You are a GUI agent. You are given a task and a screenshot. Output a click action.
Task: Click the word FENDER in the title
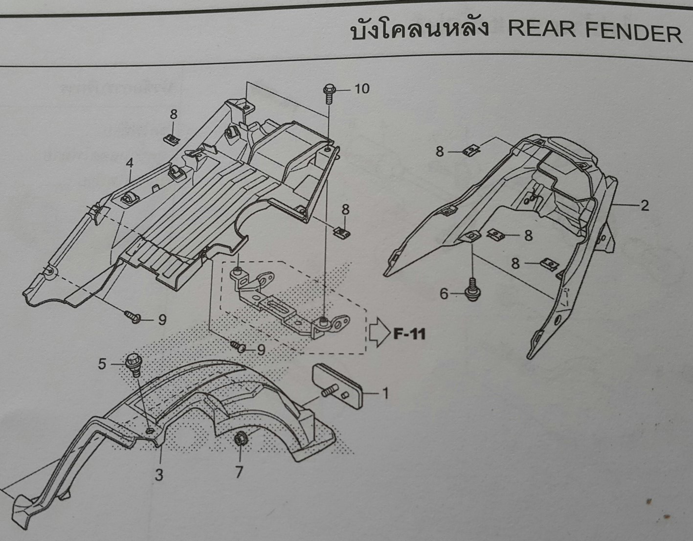click(x=633, y=33)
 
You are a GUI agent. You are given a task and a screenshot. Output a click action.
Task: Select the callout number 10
click(x=362, y=89)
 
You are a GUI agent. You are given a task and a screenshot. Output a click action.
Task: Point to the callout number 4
click(x=129, y=163)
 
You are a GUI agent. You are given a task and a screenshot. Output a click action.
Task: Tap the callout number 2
click(x=645, y=206)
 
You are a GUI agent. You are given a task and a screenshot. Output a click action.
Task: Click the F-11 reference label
click(x=409, y=334)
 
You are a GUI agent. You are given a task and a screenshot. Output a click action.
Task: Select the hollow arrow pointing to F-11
click(x=378, y=333)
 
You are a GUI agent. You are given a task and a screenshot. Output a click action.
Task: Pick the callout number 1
click(x=385, y=393)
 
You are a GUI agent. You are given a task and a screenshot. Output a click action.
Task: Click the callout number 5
click(x=102, y=364)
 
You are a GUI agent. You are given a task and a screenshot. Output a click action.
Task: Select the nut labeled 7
click(x=241, y=439)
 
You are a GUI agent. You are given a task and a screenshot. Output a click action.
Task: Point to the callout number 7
click(x=239, y=472)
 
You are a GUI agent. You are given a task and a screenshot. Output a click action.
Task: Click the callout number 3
click(x=159, y=474)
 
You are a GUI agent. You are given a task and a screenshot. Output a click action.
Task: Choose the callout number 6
click(x=444, y=293)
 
